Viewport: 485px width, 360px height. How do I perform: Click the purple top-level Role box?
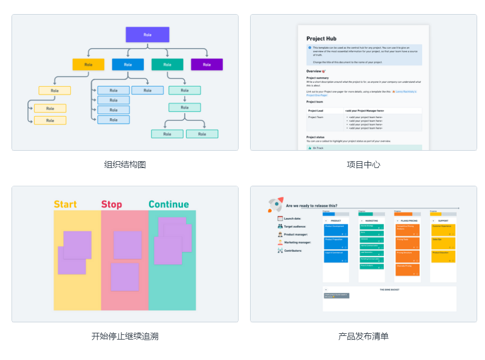(148, 35)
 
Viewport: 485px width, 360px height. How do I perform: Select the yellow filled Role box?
(88, 64)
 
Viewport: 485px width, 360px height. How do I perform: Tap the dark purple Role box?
(207, 64)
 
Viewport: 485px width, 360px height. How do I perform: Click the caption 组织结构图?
(125, 165)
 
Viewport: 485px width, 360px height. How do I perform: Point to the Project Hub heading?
(321, 39)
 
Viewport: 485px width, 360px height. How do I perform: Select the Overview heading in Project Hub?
(315, 71)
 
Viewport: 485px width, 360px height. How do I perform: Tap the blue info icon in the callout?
(310, 48)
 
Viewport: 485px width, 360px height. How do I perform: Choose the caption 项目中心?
(364, 165)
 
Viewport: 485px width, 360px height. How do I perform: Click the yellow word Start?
(65, 204)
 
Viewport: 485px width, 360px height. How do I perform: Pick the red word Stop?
(111, 204)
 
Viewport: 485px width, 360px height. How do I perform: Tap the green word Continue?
(168, 204)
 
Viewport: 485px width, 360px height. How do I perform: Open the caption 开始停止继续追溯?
(125, 336)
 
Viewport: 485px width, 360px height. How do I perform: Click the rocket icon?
(276, 204)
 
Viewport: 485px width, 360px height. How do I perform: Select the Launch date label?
(292, 218)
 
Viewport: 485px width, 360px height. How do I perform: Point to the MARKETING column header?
(371, 221)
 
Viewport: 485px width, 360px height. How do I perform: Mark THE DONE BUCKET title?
(389, 289)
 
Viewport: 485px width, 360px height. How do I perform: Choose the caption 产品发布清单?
(364, 336)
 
